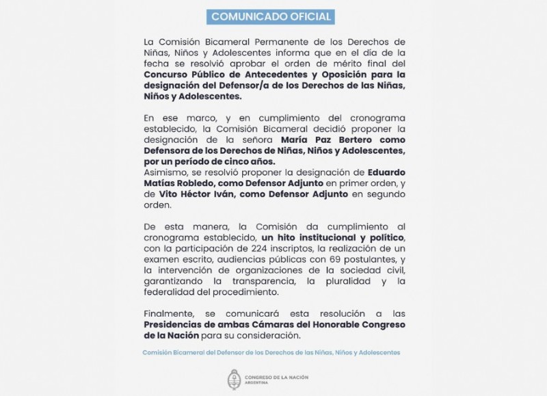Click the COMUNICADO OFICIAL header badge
point(271,16)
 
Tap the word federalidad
point(171,292)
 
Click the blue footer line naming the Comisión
point(271,352)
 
